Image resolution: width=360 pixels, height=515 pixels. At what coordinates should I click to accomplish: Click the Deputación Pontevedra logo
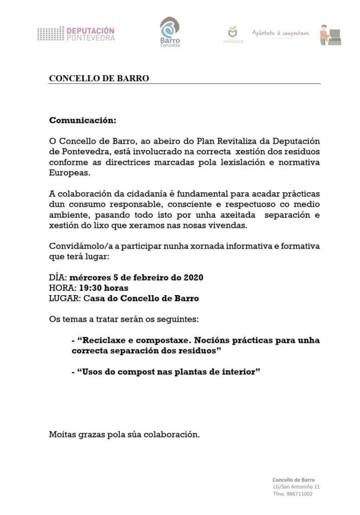[x=76, y=34]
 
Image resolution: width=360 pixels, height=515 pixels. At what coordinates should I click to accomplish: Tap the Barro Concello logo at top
[x=169, y=31]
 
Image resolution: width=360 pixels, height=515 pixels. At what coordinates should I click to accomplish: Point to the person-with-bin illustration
[x=330, y=34]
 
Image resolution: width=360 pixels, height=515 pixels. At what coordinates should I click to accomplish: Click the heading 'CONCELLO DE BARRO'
[x=99, y=78]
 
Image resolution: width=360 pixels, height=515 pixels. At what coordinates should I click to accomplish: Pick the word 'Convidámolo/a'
[x=75, y=246]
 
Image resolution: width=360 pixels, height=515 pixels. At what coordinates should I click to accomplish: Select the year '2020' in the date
[x=193, y=278]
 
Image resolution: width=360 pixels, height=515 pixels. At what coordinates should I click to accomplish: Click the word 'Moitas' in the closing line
[x=62, y=434]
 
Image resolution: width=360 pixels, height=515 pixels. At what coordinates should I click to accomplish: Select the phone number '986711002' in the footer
[x=301, y=494]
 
